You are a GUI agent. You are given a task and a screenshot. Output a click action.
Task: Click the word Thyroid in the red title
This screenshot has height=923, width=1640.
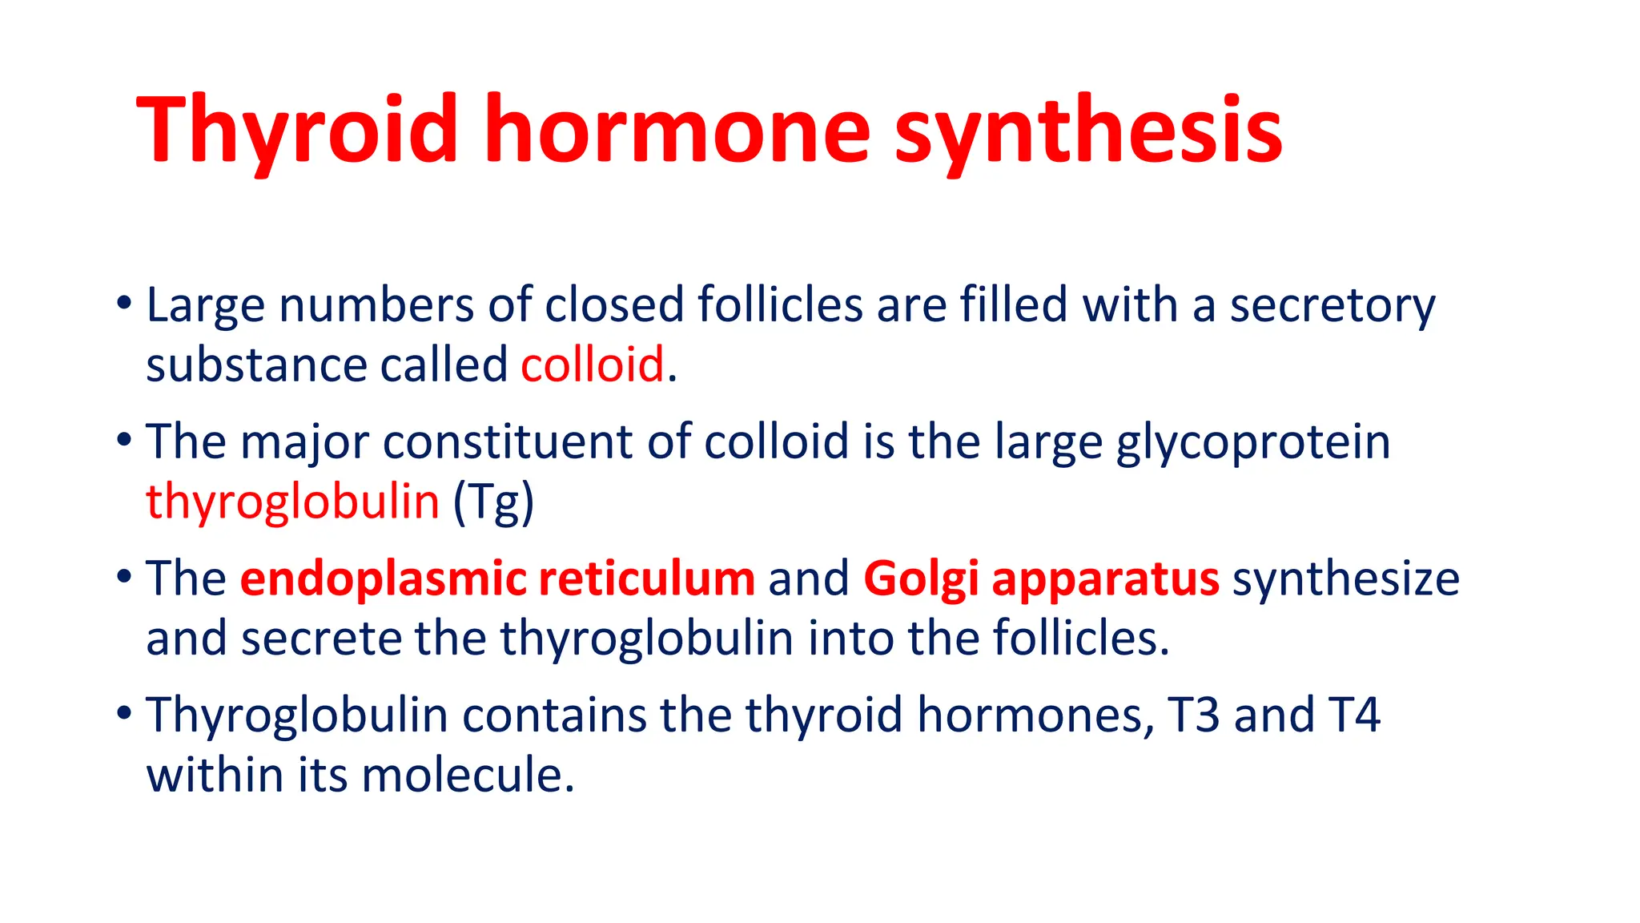click(297, 130)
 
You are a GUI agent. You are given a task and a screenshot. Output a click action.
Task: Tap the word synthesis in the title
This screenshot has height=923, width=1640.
click(1088, 130)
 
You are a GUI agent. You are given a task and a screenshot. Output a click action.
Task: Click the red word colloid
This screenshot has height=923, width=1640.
click(593, 365)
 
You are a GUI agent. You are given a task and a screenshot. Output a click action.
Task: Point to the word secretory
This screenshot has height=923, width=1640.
click(1332, 306)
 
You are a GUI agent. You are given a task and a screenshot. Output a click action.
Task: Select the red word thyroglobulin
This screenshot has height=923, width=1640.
click(292, 502)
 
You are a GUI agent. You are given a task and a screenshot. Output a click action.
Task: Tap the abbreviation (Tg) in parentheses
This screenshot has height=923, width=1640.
click(493, 502)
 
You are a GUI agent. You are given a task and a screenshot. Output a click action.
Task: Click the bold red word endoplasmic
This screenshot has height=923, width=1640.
click(383, 578)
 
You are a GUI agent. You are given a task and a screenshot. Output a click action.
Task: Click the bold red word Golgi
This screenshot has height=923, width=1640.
click(921, 578)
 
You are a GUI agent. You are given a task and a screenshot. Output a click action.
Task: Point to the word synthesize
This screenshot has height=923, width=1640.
click(1345, 578)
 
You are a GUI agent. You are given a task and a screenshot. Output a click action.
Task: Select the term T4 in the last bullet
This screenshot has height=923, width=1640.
click(1354, 715)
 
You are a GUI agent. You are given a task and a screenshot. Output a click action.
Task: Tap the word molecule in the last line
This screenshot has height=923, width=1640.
click(468, 776)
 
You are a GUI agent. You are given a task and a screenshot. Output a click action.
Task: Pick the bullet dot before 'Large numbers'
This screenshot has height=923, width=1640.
click(123, 304)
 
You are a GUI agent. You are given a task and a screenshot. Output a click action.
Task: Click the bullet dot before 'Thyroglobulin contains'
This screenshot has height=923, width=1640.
click(123, 713)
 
